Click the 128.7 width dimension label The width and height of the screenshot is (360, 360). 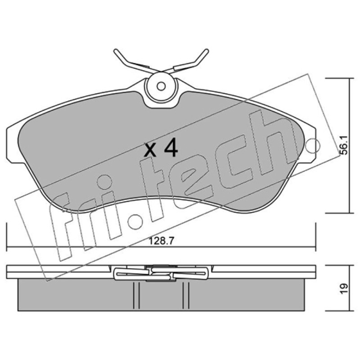[x=162, y=241]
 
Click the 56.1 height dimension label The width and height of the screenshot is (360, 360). [x=344, y=145]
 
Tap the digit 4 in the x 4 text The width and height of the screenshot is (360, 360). [x=171, y=148]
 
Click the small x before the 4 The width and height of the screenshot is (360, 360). [x=150, y=150]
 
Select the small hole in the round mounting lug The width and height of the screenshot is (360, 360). [x=161, y=86]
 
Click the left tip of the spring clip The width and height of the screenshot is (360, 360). [x=116, y=51]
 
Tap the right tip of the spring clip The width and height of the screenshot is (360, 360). [x=207, y=51]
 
